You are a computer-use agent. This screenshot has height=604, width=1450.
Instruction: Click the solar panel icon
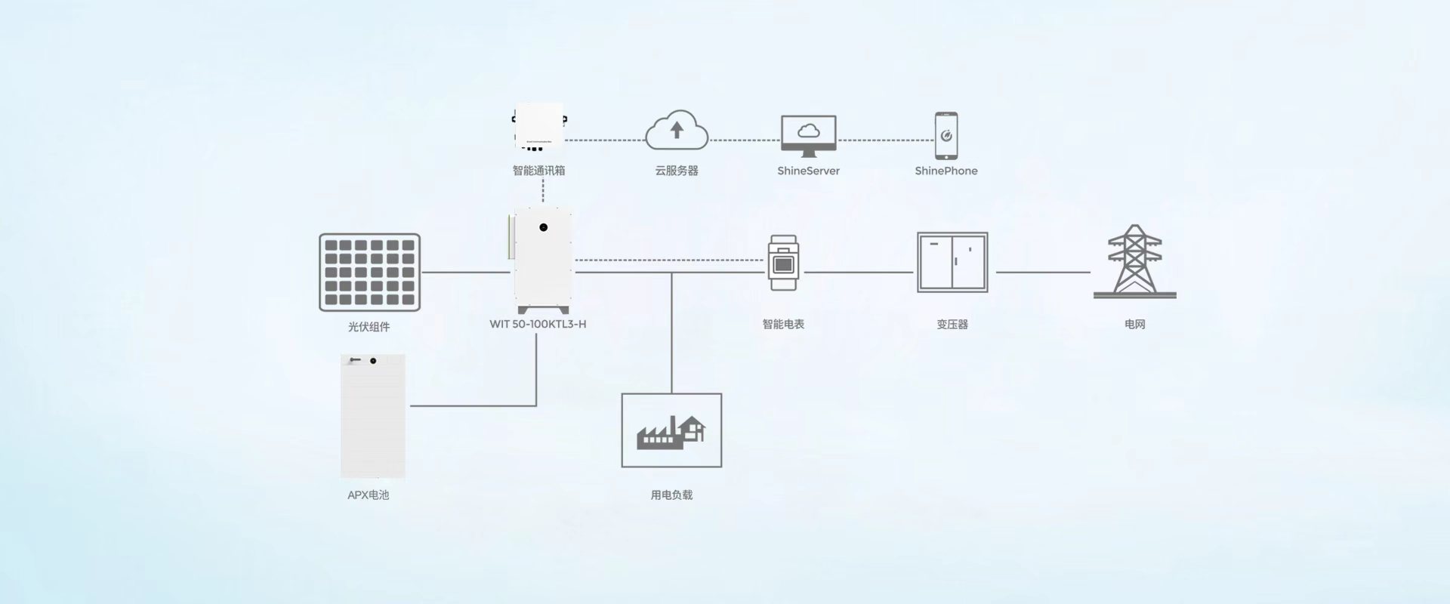click(x=369, y=272)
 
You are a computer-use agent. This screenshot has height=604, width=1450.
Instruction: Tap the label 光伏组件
click(x=369, y=327)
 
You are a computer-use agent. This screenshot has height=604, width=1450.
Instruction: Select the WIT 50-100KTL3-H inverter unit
click(x=542, y=260)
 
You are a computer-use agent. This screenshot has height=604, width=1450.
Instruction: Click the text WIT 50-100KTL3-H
click(x=538, y=324)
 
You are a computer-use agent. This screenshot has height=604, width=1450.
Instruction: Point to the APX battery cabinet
click(x=372, y=416)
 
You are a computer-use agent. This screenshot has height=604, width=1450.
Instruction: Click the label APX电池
click(x=368, y=495)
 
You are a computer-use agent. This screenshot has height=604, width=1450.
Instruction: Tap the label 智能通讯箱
click(x=538, y=171)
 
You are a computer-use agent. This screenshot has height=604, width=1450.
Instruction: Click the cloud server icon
click(x=677, y=130)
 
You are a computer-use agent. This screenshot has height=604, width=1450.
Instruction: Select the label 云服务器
click(x=677, y=171)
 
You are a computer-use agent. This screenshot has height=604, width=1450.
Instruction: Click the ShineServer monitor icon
click(x=808, y=136)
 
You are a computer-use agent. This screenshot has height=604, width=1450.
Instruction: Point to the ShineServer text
click(x=808, y=171)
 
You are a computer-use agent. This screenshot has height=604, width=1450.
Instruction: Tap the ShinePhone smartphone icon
click(x=946, y=136)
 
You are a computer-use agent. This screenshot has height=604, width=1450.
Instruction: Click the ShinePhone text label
click(x=946, y=171)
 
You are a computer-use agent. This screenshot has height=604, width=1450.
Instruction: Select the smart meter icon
click(x=783, y=263)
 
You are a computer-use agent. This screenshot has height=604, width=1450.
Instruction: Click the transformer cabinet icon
click(x=952, y=262)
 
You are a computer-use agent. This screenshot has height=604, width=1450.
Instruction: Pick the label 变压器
click(x=952, y=324)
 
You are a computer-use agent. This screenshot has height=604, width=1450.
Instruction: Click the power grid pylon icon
click(x=1134, y=261)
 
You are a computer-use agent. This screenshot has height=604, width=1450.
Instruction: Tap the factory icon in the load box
click(x=671, y=431)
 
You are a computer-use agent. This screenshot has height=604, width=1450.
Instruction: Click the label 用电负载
click(x=671, y=495)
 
